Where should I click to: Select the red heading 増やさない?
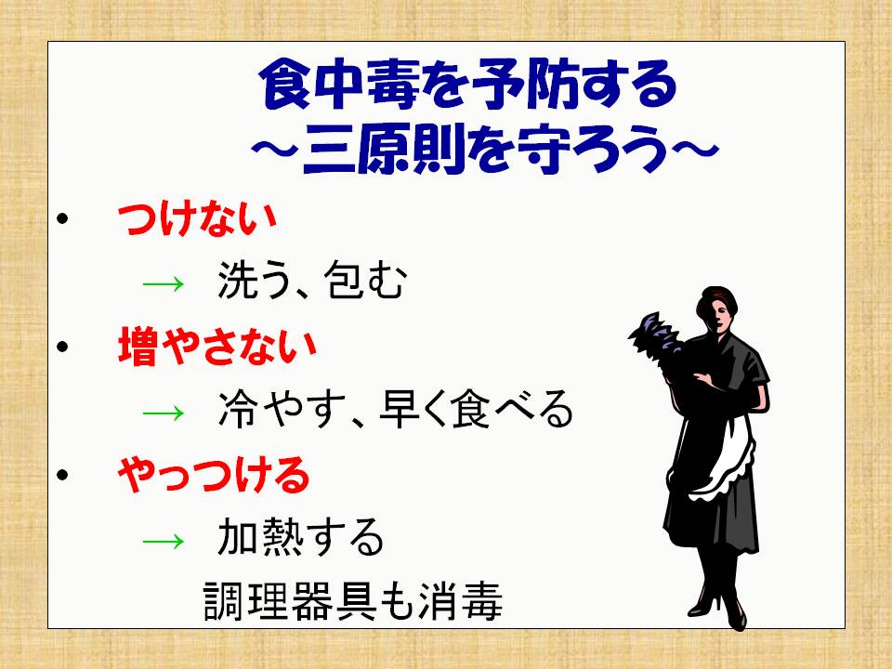(216, 347)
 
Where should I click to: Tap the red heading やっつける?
(214, 475)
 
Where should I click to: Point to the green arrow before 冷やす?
(164, 411)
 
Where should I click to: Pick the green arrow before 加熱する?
(164, 539)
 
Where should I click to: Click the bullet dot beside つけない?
(62, 219)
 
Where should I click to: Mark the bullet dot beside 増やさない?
(62, 347)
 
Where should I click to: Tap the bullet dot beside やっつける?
(62, 475)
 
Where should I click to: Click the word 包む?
(364, 280)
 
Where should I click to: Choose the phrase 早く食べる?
(476, 409)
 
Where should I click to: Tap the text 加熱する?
(301, 537)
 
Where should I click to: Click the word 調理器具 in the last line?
(289, 601)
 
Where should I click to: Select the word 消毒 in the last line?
(461, 601)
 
